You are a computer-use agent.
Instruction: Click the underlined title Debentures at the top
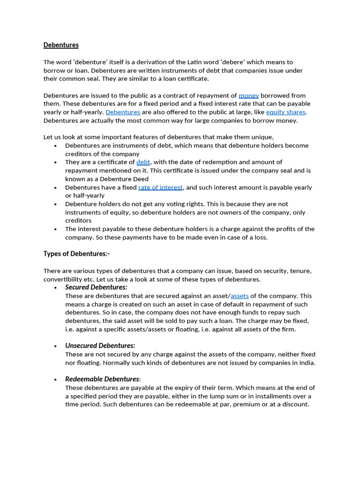coord(61,45)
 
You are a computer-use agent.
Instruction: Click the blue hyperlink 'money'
coord(248,95)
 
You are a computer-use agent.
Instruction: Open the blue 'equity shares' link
coord(285,112)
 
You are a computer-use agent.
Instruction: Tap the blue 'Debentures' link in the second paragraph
coord(123,112)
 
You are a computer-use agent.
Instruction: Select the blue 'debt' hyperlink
coord(143,162)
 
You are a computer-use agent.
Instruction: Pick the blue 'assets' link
coord(240,296)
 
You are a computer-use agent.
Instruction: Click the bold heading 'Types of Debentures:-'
coord(76,254)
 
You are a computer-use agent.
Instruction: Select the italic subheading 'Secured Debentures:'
coord(96,287)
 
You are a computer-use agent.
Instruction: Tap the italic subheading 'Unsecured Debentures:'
coord(100,345)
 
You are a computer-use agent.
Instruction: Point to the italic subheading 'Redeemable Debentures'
coord(102,379)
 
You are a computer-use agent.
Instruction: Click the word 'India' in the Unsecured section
coord(305,363)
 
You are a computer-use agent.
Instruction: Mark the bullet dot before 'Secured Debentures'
coord(56,287)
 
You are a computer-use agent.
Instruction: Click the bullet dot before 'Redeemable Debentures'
coord(56,379)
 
